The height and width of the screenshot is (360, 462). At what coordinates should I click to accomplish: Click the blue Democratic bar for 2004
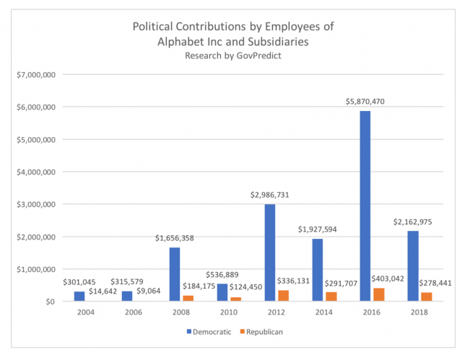[x=79, y=297]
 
